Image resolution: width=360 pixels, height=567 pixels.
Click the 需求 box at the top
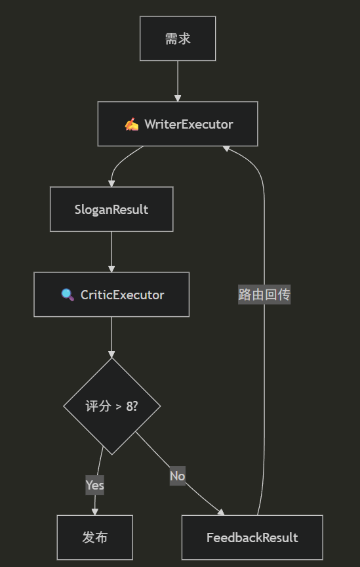(x=178, y=39)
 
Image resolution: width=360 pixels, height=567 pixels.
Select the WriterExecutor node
(x=178, y=124)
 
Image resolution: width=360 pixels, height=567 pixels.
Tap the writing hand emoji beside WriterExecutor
(x=132, y=124)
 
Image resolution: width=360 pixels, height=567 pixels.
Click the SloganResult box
(x=111, y=209)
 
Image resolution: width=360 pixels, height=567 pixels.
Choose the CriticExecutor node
(x=111, y=295)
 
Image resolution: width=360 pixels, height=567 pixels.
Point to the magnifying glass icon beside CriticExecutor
(x=68, y=295)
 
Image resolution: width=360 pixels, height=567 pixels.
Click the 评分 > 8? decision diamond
(x=111, y=406)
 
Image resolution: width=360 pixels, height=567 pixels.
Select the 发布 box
(x=94, y=537)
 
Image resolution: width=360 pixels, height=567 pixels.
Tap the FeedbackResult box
(x=252, y=537)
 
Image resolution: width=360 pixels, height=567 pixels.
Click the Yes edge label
(x=94, y=486)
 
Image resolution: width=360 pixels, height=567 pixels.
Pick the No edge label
(x=177, y=476)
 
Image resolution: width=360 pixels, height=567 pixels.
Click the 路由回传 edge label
(x=264, y=295)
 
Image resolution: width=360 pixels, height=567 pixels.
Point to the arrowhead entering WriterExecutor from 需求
(x=178, y=98)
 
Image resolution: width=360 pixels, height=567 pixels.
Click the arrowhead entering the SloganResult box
(x=111, y=183)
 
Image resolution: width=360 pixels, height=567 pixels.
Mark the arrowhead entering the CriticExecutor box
(x=111, y=268)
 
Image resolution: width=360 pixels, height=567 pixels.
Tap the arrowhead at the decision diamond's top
(x=111, y=354)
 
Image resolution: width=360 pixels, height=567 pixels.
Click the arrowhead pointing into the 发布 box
(x=94, y=511)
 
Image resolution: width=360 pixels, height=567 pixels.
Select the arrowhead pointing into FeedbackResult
(x=221, y=512)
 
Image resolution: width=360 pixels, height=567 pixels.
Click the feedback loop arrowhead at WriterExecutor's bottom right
(x=226, y=149)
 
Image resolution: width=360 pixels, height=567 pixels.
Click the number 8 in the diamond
(x=129, y=406)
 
